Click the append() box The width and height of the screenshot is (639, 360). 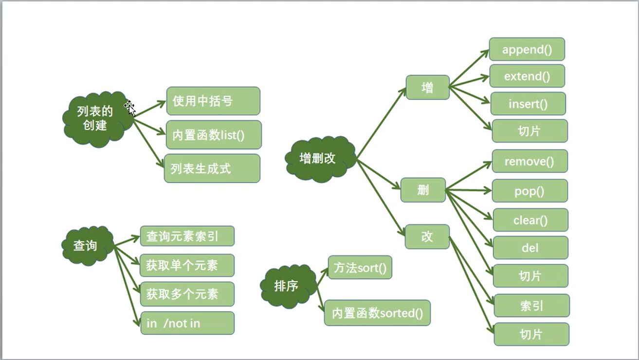coord(527,50)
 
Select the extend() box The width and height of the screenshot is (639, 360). coord(527,76)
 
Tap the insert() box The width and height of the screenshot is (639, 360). coord(528,104)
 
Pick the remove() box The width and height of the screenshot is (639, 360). coord(529,161)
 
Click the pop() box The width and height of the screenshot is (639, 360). coord(529,191)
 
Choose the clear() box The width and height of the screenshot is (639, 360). coord(530,220)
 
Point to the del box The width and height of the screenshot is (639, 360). coord(530,248)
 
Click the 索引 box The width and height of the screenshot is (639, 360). coord(531,306)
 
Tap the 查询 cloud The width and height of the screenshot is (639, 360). coord(86,246)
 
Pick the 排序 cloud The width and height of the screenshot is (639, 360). coord(287,286)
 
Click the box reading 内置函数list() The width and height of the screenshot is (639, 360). coord(214,135)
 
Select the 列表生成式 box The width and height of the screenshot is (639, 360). coord(212,168)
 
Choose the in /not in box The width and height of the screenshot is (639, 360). coord(187,323)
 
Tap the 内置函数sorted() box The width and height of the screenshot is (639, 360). coord(377,313)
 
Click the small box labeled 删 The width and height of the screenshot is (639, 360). coord(423,190)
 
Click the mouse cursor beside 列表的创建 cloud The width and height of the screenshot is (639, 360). coord(130,108)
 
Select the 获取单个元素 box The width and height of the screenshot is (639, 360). coord(187,266)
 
